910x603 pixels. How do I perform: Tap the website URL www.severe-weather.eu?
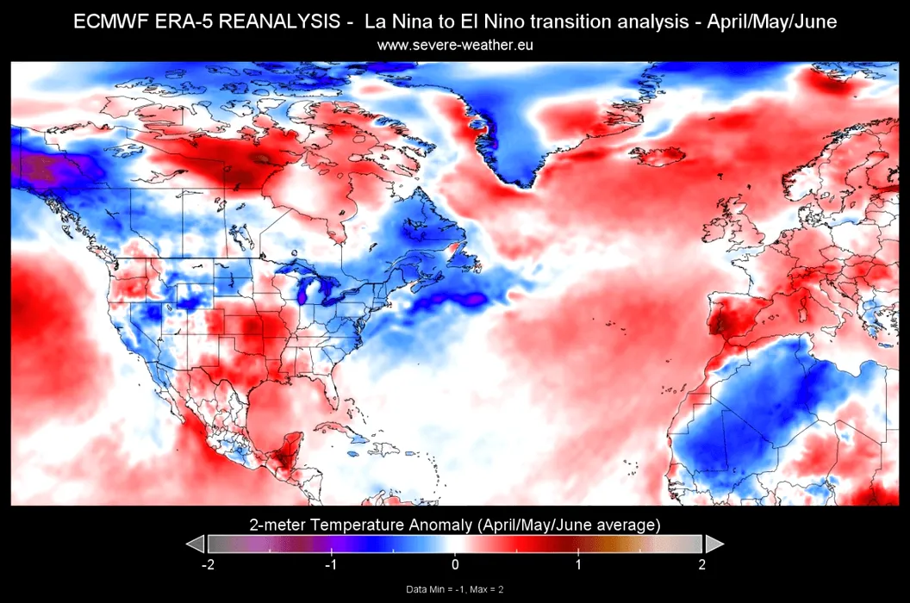tap(455, 44)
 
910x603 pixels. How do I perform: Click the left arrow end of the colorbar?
tap(196, 544)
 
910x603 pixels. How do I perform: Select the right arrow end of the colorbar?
tap(714, 544)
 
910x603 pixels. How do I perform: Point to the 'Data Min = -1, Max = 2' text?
tap(455, 589)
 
